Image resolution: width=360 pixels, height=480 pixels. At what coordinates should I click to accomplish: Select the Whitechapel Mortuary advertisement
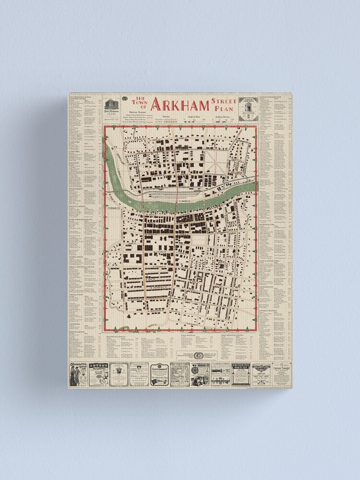tap(241, 374)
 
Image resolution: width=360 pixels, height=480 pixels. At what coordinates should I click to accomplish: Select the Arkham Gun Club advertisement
tap(261, 374)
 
